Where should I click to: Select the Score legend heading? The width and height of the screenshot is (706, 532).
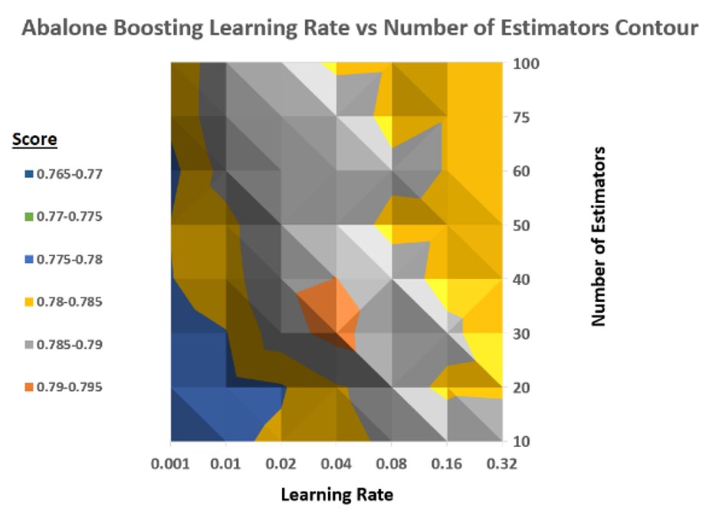34,140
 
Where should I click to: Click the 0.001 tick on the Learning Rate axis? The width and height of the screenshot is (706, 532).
170,465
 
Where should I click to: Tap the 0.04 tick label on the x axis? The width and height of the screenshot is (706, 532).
336,465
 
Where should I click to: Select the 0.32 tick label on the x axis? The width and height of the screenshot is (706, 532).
502,465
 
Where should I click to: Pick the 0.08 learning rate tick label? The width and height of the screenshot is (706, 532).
391,465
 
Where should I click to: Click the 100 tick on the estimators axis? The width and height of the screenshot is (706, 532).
528,64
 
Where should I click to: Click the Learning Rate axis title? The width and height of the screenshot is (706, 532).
337,494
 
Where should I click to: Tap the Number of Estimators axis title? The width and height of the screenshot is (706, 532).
599,236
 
